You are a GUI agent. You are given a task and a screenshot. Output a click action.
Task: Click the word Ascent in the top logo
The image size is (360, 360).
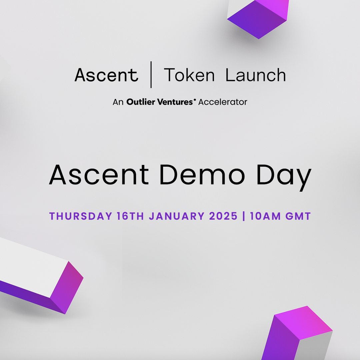[x=106, y=75]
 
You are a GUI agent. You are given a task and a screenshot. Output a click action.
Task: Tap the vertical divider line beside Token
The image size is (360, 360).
[x=151, y=75]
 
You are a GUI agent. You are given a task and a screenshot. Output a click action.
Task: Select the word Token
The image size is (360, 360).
[x=189, y=75]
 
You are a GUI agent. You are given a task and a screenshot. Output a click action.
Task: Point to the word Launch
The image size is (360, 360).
[x=256, y=75]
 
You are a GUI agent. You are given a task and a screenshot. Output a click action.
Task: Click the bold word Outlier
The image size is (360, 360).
[x=141, y=102]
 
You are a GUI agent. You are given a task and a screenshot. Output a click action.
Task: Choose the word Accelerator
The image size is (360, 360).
[x=223, y=102]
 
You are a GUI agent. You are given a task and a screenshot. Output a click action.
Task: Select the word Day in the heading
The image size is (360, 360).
[x=284, y=177]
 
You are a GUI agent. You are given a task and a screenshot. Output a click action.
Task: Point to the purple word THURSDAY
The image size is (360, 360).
[x=81, y=216]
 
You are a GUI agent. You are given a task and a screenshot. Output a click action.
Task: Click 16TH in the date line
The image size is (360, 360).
[x=130, y=216]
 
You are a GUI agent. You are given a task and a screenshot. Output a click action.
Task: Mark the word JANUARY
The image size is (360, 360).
[x=177, y=216]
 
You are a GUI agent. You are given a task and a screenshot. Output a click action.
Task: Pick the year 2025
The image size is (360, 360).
[x=223, y=216]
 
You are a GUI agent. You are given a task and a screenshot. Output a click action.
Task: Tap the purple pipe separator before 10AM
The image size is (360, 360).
[x=244, y=216]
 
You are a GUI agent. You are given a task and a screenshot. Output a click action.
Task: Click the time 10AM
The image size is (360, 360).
[x=265, y=216]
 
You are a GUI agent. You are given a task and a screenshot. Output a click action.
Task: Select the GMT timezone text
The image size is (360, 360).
[x=298, y=216]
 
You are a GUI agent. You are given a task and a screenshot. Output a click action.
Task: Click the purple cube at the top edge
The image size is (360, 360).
[x=258, y=18]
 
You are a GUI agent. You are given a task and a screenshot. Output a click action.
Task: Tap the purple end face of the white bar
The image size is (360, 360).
[x=67, y=287]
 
